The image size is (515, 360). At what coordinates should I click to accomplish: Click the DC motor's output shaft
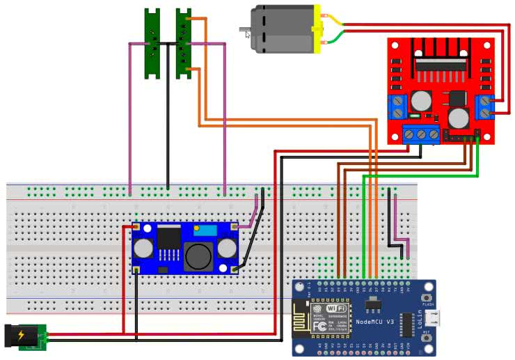pos(244,30)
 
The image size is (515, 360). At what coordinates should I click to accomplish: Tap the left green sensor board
pos(152,43)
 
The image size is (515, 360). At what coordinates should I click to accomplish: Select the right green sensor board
pos(183,43)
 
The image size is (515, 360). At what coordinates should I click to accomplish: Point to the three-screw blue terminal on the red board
pos(421,133)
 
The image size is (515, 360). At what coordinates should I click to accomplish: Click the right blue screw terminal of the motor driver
pos(484,107)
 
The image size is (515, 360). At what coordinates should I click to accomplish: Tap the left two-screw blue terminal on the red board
pos(398,107)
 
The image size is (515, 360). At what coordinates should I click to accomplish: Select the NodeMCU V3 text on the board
pos(375,321)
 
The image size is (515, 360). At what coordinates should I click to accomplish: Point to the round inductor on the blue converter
pos(198,257)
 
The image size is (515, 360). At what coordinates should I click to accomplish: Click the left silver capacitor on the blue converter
pos(144,247)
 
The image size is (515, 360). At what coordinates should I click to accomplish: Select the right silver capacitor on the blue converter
pos(228,247)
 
